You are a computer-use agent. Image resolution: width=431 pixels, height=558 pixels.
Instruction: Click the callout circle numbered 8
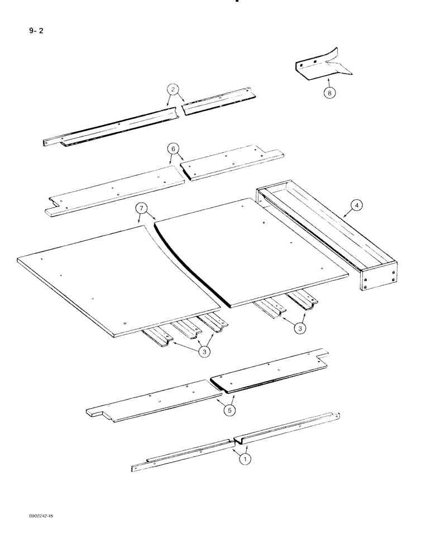329,93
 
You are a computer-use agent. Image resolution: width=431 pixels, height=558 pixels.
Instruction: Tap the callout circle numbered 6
174,149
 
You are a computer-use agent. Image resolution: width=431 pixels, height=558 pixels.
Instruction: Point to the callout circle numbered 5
230,410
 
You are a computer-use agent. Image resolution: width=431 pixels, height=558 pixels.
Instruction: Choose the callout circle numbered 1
244,459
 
